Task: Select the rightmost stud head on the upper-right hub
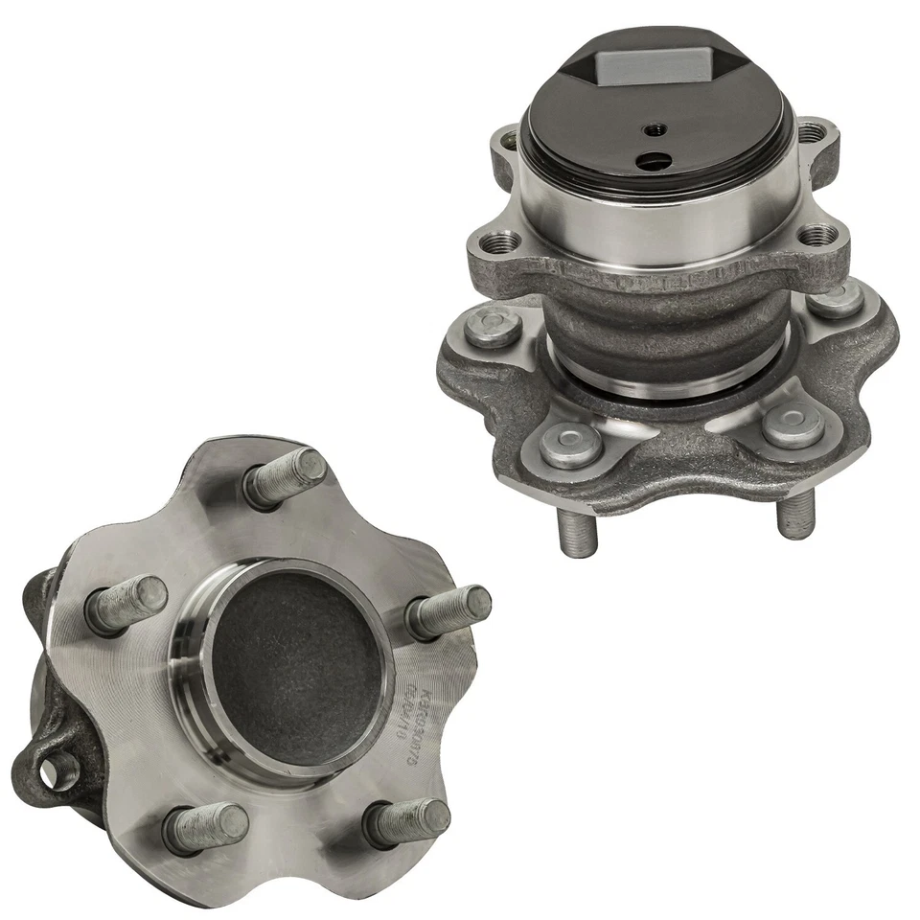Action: (x=838, y=298)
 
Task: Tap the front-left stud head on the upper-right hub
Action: (x=571, y=444)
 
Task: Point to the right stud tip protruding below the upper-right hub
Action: (x=794, y=517)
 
